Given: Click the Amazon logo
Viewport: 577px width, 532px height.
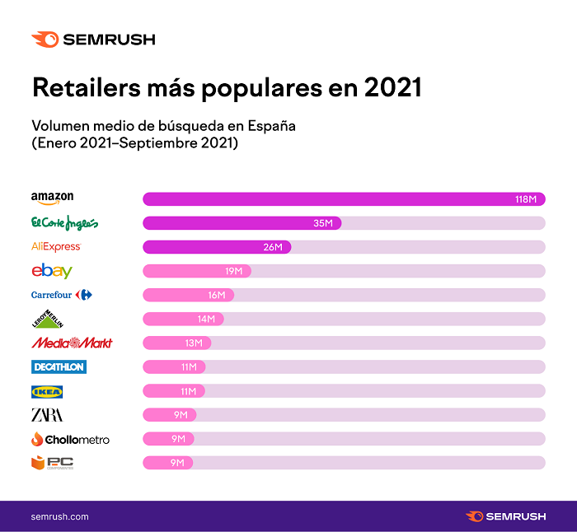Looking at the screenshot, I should pyautogui.click(x=52, y=198).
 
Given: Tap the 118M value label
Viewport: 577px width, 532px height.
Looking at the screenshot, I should pyautogui.click(x=526, y=199).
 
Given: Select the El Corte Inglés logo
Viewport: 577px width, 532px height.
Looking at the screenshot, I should pyautogui.click(x=64, y=222).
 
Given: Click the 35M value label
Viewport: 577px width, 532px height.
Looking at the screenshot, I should pyautogui.click(x=322, y=223).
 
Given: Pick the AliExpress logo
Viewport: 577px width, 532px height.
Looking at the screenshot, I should pyautogui.click(x=55, y=246).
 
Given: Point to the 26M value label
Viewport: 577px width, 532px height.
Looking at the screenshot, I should pyautogui.click(x=272, y=247).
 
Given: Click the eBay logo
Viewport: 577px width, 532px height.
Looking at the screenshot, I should pyautogui.click(x=52, y=270).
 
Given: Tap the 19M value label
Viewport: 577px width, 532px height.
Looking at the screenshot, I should pyautogui.click(x=233, y=271).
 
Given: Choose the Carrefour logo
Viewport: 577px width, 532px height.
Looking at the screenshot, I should pyautogui.click(x=62, y=295).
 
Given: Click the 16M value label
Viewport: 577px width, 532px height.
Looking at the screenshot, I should pyautogui.click(x=217, y=295).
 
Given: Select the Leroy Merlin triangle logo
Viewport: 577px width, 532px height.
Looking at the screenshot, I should pyautogui.click(x=47, y=319).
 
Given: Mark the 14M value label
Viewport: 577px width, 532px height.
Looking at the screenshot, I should pyautogui.click(x=205, y=319).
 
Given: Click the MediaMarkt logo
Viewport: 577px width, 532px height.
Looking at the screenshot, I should pyautogui.click(x=72, y=343).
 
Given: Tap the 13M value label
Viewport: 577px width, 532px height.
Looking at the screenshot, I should pyautogui.click(x=194, y=343).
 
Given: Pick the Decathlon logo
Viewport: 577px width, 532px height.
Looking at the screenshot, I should pyautogui.click(x=59, y=366).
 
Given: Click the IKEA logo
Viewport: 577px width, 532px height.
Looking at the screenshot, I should pyautogui.click(x=47, y=391).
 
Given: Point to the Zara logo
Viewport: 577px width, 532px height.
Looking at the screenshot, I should pyautogui.click(x=47, y=414).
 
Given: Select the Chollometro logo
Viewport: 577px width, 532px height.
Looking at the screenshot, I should pyautogui.click(x=70, y=439).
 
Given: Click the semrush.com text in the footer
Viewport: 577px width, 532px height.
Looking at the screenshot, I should pyautogui.click(x=59, y=516).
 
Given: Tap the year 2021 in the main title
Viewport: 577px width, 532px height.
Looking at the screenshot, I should pyautogui.click(x=387, y=88).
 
